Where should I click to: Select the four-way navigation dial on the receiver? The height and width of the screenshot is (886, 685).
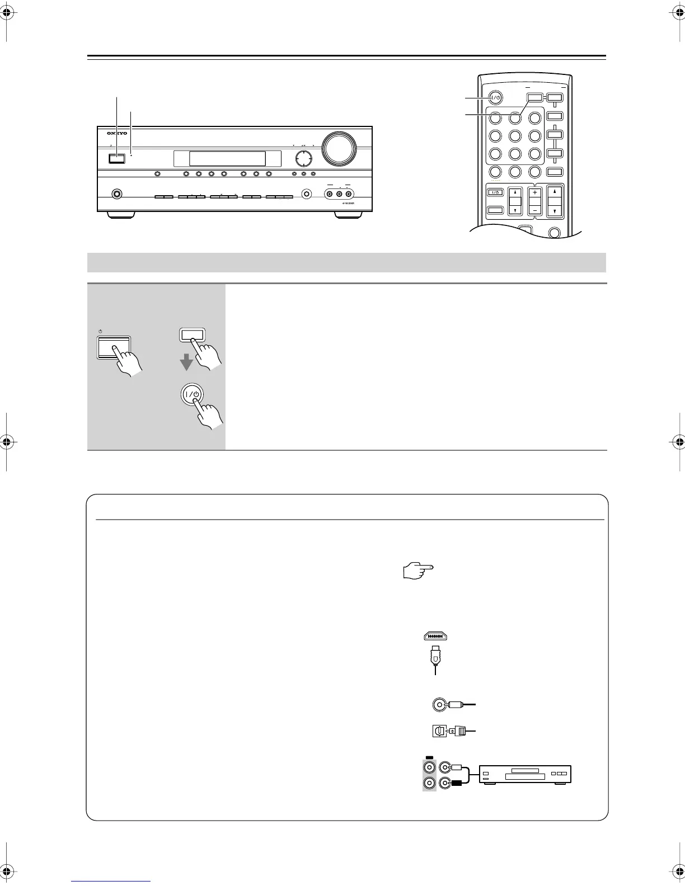point(303,158)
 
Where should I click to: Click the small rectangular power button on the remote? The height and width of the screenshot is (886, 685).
point(494,192)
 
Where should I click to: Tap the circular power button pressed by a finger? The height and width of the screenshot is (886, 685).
point(192,394)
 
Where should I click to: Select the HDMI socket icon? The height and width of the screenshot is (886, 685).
point(434,636)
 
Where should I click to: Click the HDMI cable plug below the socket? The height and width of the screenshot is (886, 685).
point(434,656)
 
